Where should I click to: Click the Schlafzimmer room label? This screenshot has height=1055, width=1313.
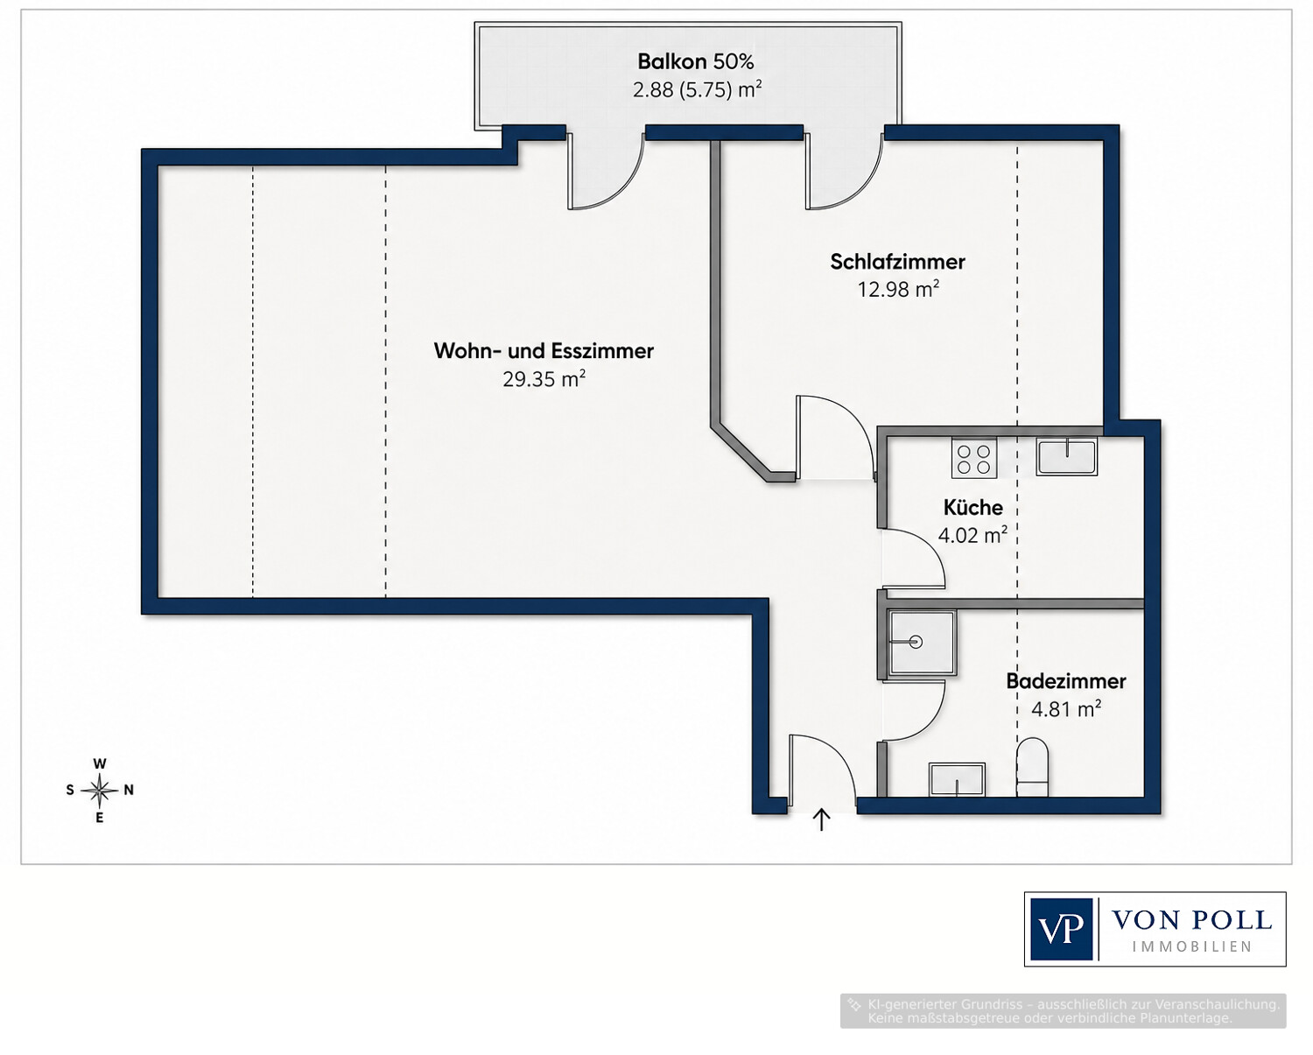(897, 262)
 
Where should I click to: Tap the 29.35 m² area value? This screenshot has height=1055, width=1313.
(544, 379)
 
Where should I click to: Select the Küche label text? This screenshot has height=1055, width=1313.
(972, 507)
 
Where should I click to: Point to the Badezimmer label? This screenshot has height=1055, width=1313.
(1066, 681)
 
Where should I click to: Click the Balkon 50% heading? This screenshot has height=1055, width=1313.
(696, 61)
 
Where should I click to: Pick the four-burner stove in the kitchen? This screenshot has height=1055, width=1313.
(973, 458)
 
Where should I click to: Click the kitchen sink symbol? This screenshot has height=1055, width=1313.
(1066, 456)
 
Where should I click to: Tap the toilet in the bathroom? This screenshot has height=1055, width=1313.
(1032, 767)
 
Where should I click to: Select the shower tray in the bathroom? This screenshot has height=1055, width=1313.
(922, 643)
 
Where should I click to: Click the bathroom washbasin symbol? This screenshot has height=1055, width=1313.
(957, 780)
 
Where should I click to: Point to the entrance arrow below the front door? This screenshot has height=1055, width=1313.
(822, 819)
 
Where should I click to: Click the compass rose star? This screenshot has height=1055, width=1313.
(100, 791)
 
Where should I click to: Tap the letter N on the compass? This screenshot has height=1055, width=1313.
(128, 791)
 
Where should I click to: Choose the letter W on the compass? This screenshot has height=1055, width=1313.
(100, 763)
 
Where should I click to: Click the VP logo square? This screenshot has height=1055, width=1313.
(1061, 929)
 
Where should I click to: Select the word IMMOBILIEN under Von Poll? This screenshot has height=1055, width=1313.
(1192, 946)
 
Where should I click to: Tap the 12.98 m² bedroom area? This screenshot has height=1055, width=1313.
(897, 289)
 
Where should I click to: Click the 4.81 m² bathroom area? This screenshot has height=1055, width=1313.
(1066, 709)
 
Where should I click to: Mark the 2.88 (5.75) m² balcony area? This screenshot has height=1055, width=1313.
(697, 89)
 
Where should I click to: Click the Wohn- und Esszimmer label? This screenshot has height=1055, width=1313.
(544, 351)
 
